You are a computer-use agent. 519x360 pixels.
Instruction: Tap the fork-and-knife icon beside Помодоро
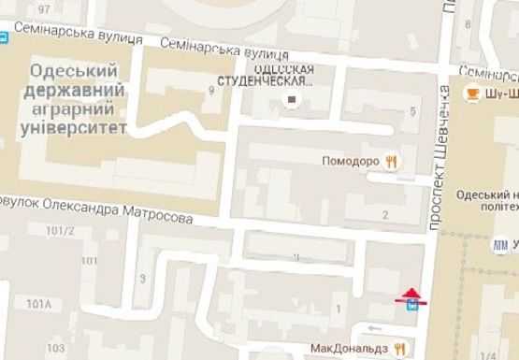[x=392, y=161]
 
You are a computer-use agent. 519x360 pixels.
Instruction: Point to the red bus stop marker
[x=411, y=299]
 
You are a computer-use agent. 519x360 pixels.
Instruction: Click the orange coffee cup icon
[x=472, y=92]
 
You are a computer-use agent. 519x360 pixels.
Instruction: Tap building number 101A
[x=39, y=304]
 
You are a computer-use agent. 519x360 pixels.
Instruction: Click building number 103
[x=55, y=348]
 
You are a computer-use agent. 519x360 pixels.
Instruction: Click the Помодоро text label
[x=351, y=161]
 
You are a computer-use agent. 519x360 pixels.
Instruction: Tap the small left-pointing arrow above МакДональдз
[x=373, y=326]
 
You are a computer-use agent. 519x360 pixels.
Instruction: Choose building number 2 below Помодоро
[x=385, y=216]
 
